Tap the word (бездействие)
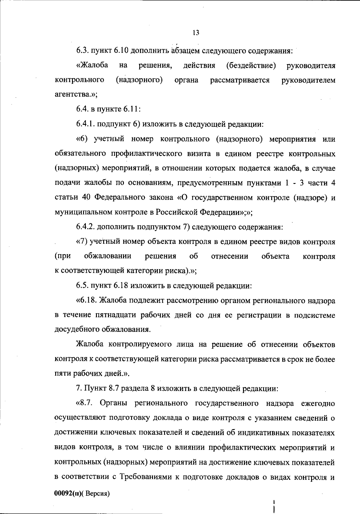tap(251, 65)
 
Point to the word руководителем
tap(308, 80)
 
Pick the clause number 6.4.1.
tap(85, 124)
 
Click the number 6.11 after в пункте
tap(130, 109)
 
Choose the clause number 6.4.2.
tap(86, 227)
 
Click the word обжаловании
tap(108, 256)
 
